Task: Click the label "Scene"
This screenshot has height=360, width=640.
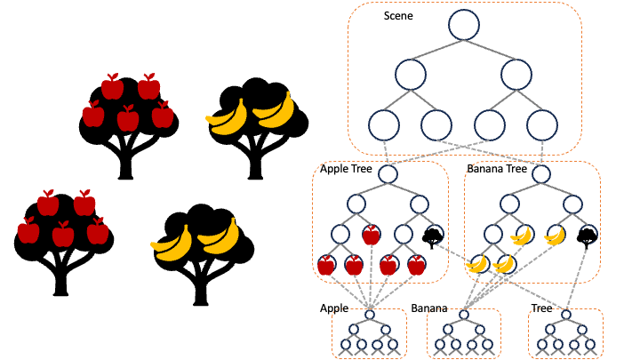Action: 398,17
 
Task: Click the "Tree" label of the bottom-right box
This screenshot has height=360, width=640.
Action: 541,309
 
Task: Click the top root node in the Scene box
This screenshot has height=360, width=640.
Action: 464,25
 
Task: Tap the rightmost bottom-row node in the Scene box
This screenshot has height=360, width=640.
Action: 541,124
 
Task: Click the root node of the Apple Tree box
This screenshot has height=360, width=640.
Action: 388,174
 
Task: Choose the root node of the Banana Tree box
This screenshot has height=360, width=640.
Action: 541,174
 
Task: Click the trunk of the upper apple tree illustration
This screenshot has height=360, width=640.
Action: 125,164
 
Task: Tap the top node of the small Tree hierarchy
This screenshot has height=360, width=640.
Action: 566,315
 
